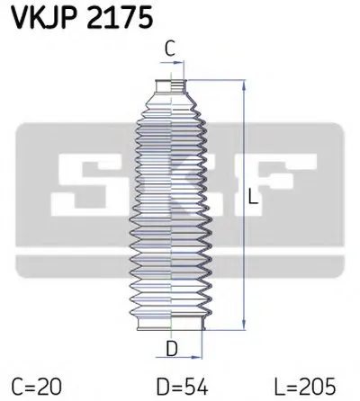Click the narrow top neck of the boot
(x=171, y=87)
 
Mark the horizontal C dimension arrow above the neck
(x=171, y=64)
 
